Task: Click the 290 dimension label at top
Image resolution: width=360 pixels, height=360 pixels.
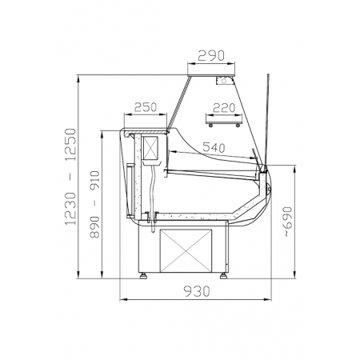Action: [211, 55]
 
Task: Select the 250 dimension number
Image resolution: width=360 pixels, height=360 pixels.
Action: [146, 107]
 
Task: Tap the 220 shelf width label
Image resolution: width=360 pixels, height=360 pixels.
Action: [224, 108]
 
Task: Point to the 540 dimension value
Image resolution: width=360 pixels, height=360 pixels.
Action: [214, 147]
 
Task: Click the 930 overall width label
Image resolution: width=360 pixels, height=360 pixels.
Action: [197, 291]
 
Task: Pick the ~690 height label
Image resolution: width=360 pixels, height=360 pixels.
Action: [287, 222]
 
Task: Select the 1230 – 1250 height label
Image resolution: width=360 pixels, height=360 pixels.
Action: [70, 177]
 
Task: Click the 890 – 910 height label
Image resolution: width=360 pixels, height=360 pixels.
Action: [94, 205]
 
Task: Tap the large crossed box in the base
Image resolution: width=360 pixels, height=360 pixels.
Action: [186, 250]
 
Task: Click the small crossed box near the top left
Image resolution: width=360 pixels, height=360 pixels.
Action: [150, 148]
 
